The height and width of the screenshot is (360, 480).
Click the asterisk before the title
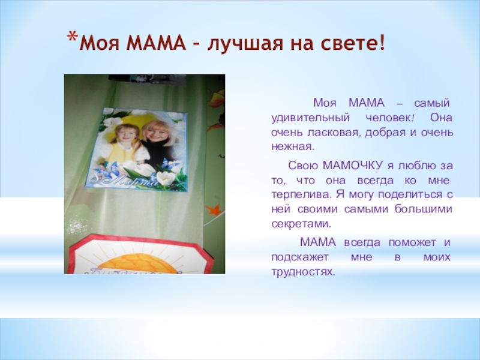pyautogui.click(x=72, y=37)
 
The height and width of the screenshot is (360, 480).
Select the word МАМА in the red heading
pyautogui.click(x=156, y=43)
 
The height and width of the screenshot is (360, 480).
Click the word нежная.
pyautogui.click(x=293, y=147)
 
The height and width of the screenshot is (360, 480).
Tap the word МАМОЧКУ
pyautogui.click(x=352, y=166)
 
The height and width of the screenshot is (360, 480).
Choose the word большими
pyautogui.click(x=423, y=209)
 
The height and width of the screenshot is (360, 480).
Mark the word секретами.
pyautogui.click(x=302, y=224)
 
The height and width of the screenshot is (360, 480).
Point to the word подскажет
pyautogui.click(x=300, y=257)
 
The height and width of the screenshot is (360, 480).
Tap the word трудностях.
pyautogui.click(x=304, y=272)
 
